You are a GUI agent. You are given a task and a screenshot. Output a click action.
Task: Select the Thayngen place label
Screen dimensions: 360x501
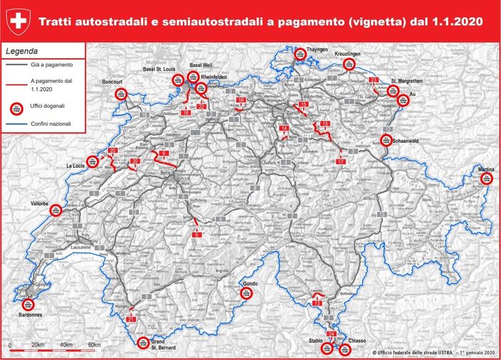(x=317, y=50)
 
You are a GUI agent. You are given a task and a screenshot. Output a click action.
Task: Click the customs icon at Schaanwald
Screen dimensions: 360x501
(x=386, y=141)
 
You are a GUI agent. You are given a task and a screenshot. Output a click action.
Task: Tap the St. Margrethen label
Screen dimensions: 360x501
(x=403, y=81)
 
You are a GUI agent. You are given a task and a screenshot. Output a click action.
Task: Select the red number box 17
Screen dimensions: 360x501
(x=340, y=162)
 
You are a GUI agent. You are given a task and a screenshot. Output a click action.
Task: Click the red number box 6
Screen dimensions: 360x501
(x=196, y=235)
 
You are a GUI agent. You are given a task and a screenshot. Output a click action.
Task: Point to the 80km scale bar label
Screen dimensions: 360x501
(x=93, y=345)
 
